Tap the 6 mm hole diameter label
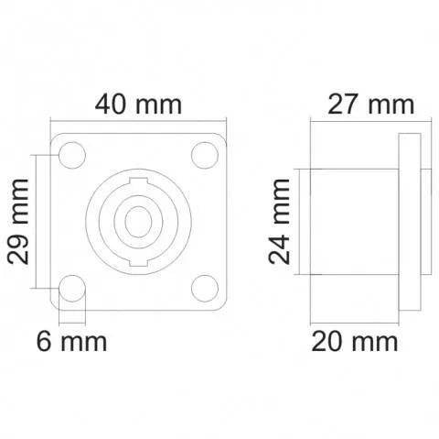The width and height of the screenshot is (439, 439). pyautogui.click(x=71, y=343)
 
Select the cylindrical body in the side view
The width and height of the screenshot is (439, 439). pyautogui.click(x=352, y=222)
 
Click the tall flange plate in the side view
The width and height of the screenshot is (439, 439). pyautogui.click(x=409, y=222)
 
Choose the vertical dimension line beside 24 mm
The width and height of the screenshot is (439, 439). pyautogui.click(x=298, y=222)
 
